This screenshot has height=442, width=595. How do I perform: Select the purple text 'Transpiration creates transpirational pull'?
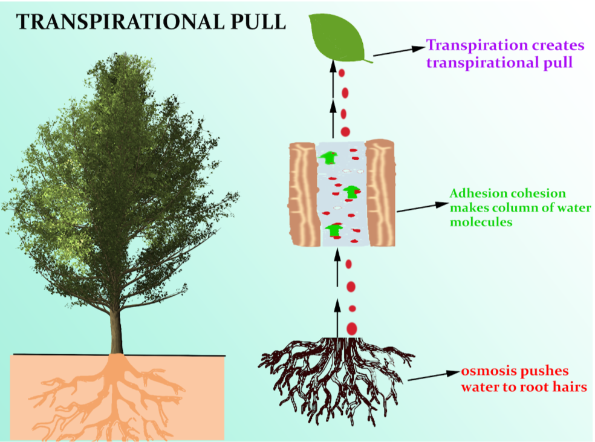click(506, 54)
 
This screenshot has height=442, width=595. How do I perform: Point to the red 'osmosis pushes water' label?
click(524, 379)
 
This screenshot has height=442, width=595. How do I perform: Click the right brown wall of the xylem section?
click(381, 193)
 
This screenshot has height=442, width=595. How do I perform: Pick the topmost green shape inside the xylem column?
click(329, 158)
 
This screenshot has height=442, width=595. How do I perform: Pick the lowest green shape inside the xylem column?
click(334, 230)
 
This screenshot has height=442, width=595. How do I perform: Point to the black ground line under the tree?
click(60, 355)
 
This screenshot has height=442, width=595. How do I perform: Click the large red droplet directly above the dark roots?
click(351, 328)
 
